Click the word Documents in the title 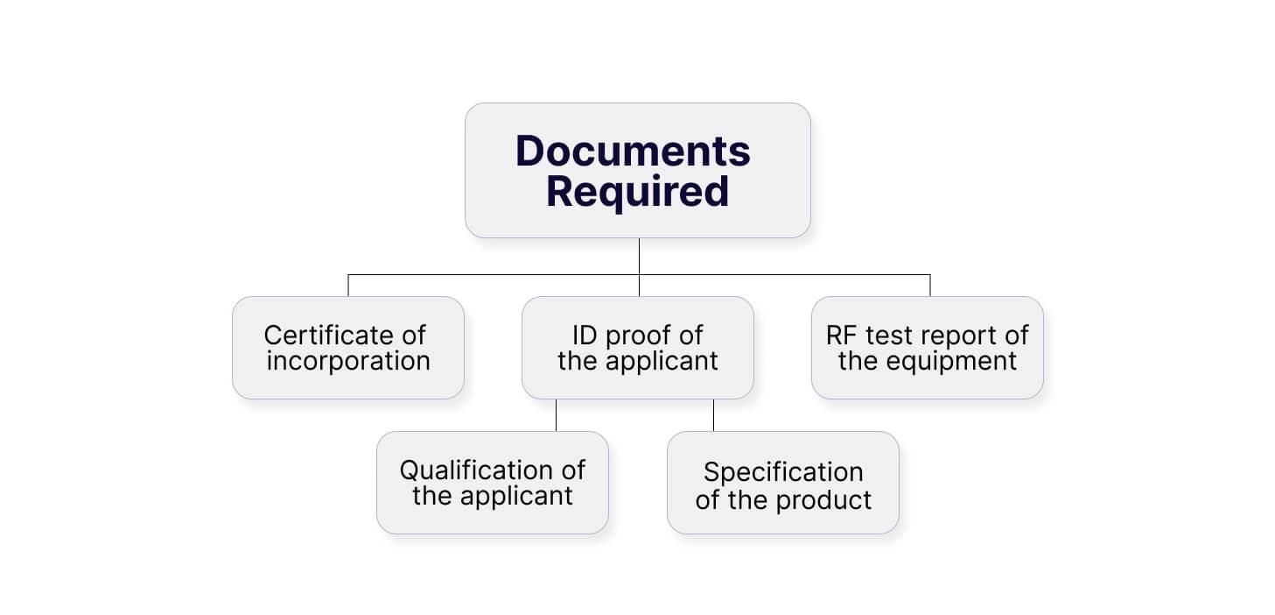[x=633, y=151]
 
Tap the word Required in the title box [x=637, y=192]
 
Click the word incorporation [x=348, y=361]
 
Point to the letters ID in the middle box [x=585, y=335]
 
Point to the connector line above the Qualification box [x=556, y=415]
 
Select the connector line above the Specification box [x=713, y=415]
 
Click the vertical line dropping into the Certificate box [x=348, y=286]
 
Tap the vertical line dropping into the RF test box [x=929, y=286]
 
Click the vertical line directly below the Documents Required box [x=639, y=256]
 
